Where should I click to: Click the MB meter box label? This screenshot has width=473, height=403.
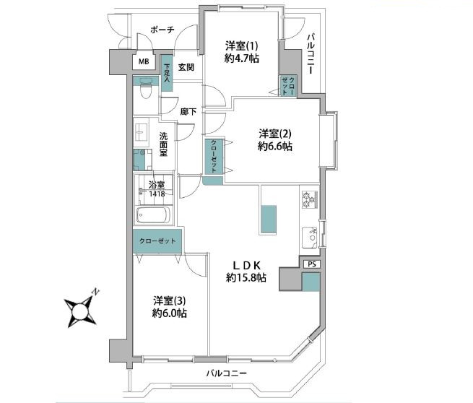coord(144,61)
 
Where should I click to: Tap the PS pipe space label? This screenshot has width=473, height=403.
coord(312,264)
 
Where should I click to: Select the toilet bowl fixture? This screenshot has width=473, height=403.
coord(146,90)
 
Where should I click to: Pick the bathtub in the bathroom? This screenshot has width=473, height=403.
coord(153,214)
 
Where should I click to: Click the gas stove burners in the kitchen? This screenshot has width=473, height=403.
coord(310,199)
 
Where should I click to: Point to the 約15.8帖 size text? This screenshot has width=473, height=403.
coord(246,277)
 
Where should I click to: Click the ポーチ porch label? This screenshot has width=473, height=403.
coord(162,30)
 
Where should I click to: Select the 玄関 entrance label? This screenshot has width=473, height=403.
coord(186,67)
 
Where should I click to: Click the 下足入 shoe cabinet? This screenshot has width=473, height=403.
coord(167,73)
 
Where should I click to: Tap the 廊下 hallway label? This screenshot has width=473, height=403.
coord(188,112)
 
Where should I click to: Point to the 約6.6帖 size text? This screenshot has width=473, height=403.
coord(275,147)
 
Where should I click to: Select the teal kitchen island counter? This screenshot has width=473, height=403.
coord(269,219)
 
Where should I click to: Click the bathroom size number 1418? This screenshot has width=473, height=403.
coord(157,194)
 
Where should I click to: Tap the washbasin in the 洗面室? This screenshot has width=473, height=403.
coord(141,133)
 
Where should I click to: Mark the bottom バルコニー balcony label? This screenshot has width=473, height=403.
coord(227,373)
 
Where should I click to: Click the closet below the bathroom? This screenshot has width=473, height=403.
coord(157,241)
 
